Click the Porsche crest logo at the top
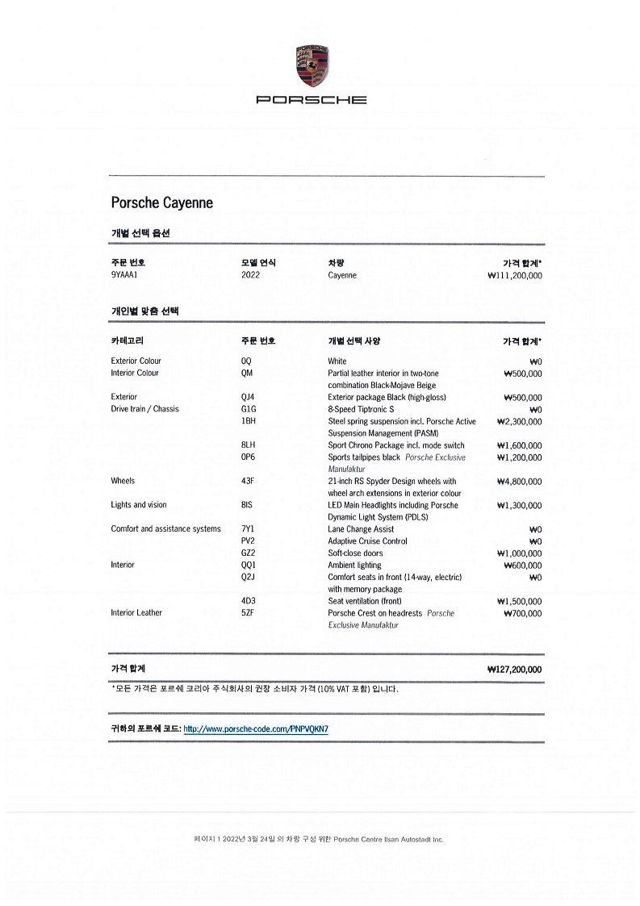pyautogui.click(x=311, y=66)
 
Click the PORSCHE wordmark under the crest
pyautogui.click(x=311, y=100)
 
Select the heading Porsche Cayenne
pyautogui.click(x=162, y=202)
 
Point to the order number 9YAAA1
pyautogui.click(x=127, y=275)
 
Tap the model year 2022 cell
pyautogui.click(x=250, y=275)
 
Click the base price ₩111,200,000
pyautogui.click(x=515, y=275)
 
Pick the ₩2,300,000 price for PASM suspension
pyautogui.click(x=519, y=421)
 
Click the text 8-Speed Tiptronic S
pyautogui.click(x=361, y=409)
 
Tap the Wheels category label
pyautogui.click(x=123, y=481)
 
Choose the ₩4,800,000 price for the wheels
pyautogui.click(x=519, y=481)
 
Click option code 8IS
pyautogui.click(x=247, y=505)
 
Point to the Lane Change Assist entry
pyautogui.click(x=361, y=529)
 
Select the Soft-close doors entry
pyautogui.click(x=355, y=553)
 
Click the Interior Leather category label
pyautogui.click(x=136, y=613)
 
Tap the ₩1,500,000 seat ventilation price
pyautogui.click(x=519, y=601)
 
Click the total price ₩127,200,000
pyautogui.click(x=515, y=669)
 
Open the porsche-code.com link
pyautogui.click(x=256, y=729)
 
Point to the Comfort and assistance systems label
pyautogui.click(x=165, y=529)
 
